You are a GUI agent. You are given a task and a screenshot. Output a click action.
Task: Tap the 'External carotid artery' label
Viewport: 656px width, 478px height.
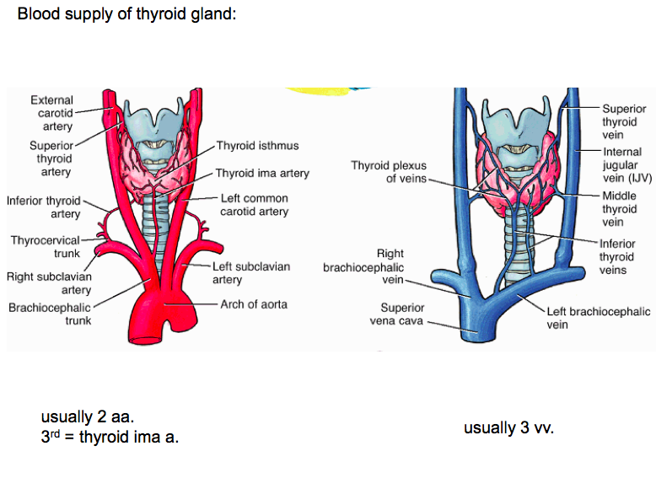(x=51, y=114)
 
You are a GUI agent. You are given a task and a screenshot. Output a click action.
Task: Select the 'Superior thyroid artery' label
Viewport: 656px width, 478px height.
(x=50, y=158)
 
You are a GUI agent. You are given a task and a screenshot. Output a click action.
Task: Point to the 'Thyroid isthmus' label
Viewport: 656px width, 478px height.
(x=257, y=146)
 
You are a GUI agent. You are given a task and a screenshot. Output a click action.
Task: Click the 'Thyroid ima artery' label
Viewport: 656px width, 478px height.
(x=262, y=174)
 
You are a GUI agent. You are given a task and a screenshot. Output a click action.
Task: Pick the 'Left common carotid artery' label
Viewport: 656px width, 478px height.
(x=254, y=205)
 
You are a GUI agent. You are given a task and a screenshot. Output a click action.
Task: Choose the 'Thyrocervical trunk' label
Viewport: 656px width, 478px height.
(x=46, y=247)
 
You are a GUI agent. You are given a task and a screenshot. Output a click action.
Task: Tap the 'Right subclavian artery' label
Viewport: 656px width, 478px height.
(x=49, y=283)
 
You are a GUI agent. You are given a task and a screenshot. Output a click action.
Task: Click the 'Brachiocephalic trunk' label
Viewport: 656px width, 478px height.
(x=50, y=314)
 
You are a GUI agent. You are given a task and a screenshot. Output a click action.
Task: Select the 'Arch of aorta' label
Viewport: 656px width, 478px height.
(x=254, y=303)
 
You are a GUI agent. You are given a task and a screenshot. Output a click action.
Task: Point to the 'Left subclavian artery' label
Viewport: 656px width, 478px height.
(x=251, y=272)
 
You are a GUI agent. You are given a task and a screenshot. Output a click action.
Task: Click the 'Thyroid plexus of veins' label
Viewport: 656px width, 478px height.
(x=390, y=172)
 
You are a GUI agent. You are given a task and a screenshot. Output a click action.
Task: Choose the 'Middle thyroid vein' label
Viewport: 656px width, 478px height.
(x=619, y=208)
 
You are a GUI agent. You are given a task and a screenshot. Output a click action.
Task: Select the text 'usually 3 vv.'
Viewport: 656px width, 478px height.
(x=508, y=428)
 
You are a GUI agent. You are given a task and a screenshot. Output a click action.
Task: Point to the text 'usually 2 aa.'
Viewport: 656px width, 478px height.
(x=87, y=417)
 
